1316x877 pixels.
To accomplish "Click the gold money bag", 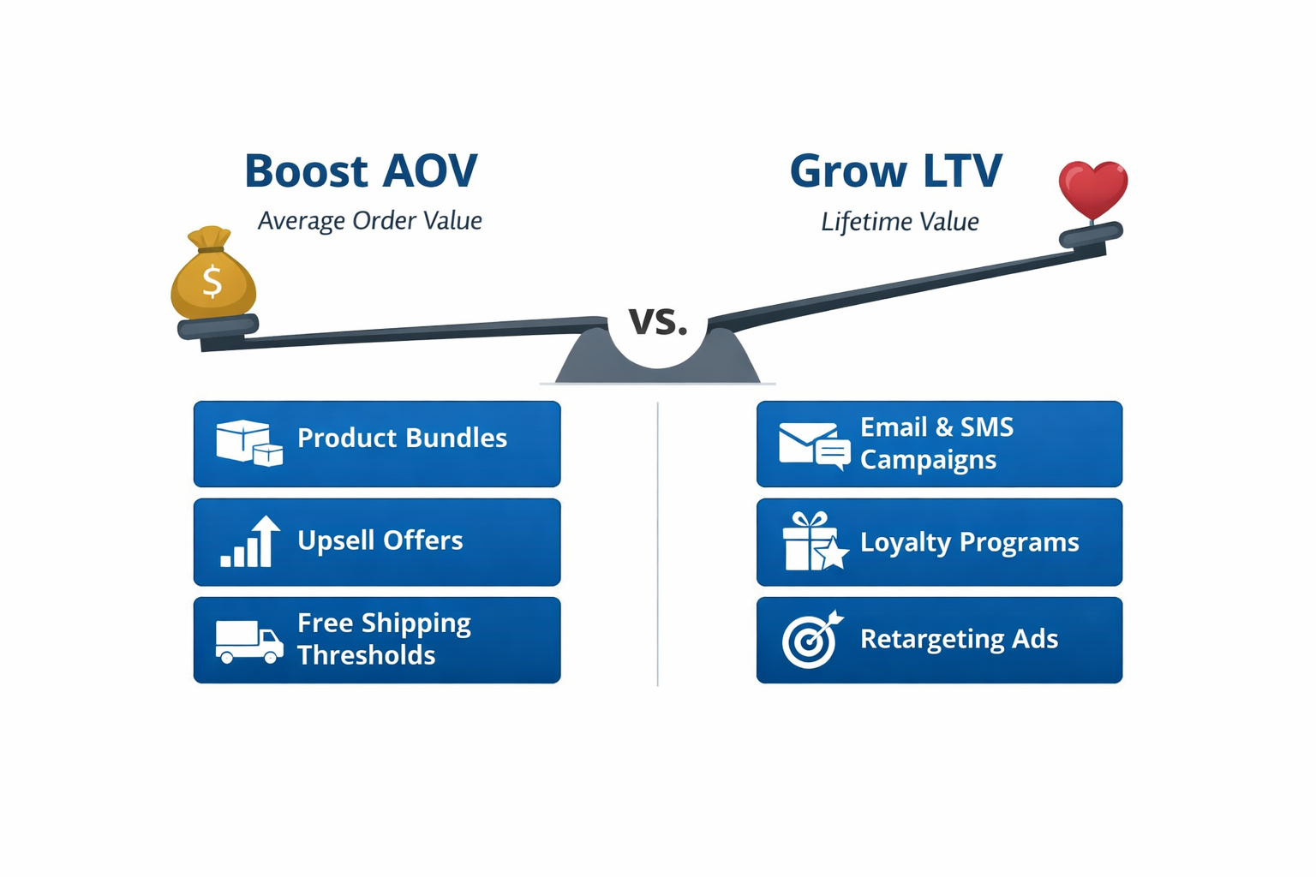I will point(212,276).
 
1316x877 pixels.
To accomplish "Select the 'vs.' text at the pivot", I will point(658,321).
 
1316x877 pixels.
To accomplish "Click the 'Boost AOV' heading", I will point(361,170).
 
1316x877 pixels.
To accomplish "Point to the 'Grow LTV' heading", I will point(895,170).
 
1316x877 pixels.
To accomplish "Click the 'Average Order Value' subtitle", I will point(369,221).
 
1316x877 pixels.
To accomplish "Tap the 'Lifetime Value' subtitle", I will point(900,222).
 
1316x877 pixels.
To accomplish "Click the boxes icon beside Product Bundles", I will point(248,442).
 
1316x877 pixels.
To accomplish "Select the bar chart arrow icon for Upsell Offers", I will point(250,541).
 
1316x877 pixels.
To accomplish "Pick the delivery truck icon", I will point(248,641).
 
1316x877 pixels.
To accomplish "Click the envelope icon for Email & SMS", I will point(813,444).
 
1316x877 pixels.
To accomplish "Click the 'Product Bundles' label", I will point(402,438).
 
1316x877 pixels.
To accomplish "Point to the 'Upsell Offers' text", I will point(380,540).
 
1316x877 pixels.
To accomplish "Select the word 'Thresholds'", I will point(366,655).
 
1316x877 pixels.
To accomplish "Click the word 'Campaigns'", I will point(928,460).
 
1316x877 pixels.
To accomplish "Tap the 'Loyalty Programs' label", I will point(969,542).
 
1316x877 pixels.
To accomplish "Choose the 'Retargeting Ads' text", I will point(959,639).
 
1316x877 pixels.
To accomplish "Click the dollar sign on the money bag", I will point(212,281).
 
